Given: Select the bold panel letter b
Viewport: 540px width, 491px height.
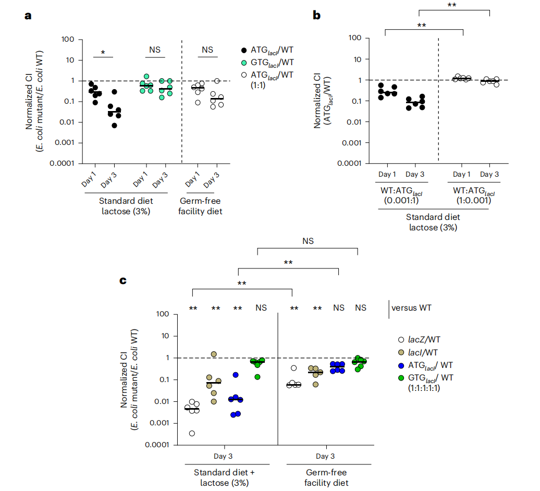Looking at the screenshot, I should [316, 16].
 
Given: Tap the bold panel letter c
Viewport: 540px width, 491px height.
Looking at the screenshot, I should [124, 281].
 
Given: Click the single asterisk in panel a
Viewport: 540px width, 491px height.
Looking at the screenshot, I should [103, 53].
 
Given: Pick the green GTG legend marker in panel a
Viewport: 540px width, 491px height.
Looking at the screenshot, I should [244, 63].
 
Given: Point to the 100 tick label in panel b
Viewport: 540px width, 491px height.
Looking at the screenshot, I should [354, 38].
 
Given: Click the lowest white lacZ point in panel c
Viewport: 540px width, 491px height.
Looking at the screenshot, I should [193, 433].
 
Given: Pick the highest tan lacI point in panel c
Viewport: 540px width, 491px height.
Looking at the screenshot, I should [214, 354].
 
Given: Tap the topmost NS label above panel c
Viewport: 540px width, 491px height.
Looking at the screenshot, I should [308, 241].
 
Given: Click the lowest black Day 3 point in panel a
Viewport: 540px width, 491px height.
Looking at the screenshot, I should [114, 125].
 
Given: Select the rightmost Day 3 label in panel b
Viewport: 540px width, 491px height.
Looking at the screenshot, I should [489, 174].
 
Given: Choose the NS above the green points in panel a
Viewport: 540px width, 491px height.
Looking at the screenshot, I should [155, 50].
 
